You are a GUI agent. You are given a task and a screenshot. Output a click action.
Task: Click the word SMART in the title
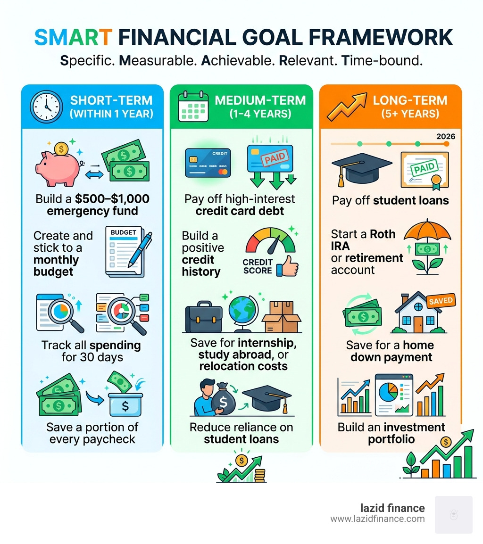[74, 38]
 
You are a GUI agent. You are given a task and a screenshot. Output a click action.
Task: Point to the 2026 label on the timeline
[446, 136]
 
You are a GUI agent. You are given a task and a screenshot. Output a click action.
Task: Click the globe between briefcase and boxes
[243, 313]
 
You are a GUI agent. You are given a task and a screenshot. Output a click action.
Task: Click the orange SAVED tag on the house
[441, 301]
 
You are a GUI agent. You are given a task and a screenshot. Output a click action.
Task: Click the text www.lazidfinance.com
[377, 519]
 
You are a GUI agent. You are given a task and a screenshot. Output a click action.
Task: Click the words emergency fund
[92, 211]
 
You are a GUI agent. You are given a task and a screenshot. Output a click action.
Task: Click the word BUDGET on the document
[123, 232]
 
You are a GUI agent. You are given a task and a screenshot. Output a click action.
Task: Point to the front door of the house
[418, 324]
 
